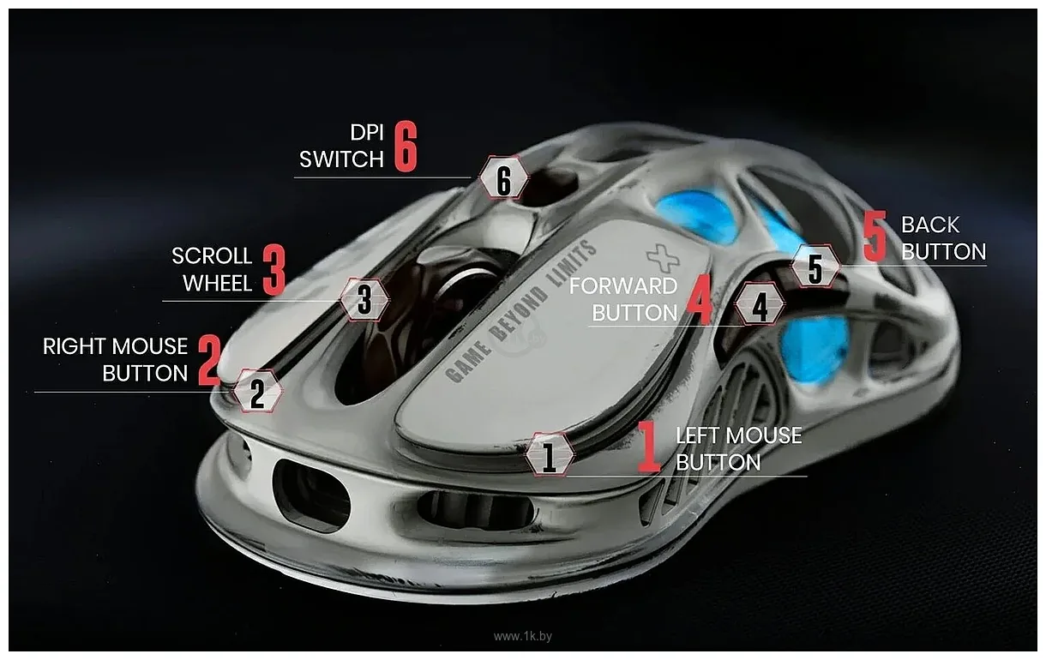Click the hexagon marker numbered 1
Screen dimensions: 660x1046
pos(550,454)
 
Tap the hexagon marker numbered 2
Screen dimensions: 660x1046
pos(257,392)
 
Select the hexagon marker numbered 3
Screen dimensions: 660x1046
pos(364,299)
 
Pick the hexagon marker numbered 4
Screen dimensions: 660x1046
pos(760,304)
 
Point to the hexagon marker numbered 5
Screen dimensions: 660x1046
pos(815,267)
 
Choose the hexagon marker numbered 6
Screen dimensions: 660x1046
pos(503,180)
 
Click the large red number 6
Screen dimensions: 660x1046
pos(405,147)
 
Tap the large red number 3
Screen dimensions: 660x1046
pos(274,270)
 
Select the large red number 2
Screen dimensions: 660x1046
pos(209,360)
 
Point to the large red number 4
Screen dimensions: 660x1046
pos(699,299)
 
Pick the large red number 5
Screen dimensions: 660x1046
pos(875,237)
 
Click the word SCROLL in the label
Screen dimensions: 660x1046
pos(212,255)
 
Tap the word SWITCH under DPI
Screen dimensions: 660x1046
pos(341,159)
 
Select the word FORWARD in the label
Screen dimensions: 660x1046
pos(623,285)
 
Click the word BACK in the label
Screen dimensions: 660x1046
pos(930,225)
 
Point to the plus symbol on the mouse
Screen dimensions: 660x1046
pos(661,259)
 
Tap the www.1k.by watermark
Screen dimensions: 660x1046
pos(523,636)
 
